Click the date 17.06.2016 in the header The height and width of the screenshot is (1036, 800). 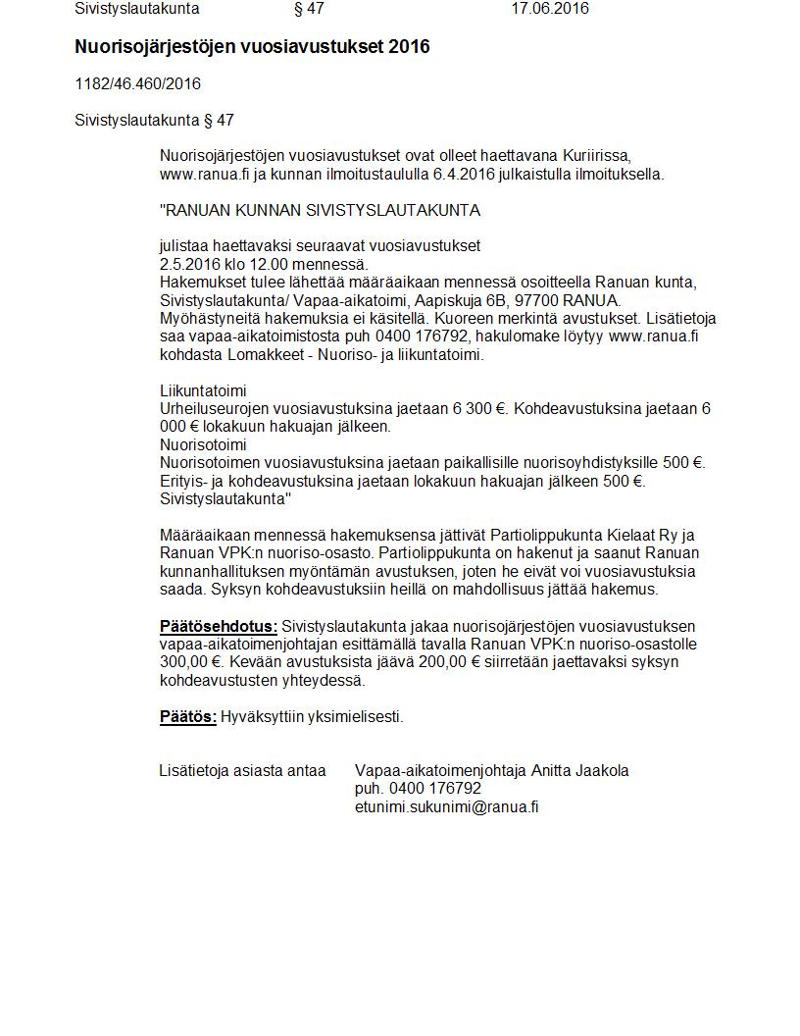550,9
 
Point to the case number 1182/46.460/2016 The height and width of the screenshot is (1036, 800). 137,84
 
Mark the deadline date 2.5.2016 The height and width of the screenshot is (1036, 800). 190,264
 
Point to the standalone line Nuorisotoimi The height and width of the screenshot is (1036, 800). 203,444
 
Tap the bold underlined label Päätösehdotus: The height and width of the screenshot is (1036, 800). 219,627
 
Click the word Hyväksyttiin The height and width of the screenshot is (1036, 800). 263,717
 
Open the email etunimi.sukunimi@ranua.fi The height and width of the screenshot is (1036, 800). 446,807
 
